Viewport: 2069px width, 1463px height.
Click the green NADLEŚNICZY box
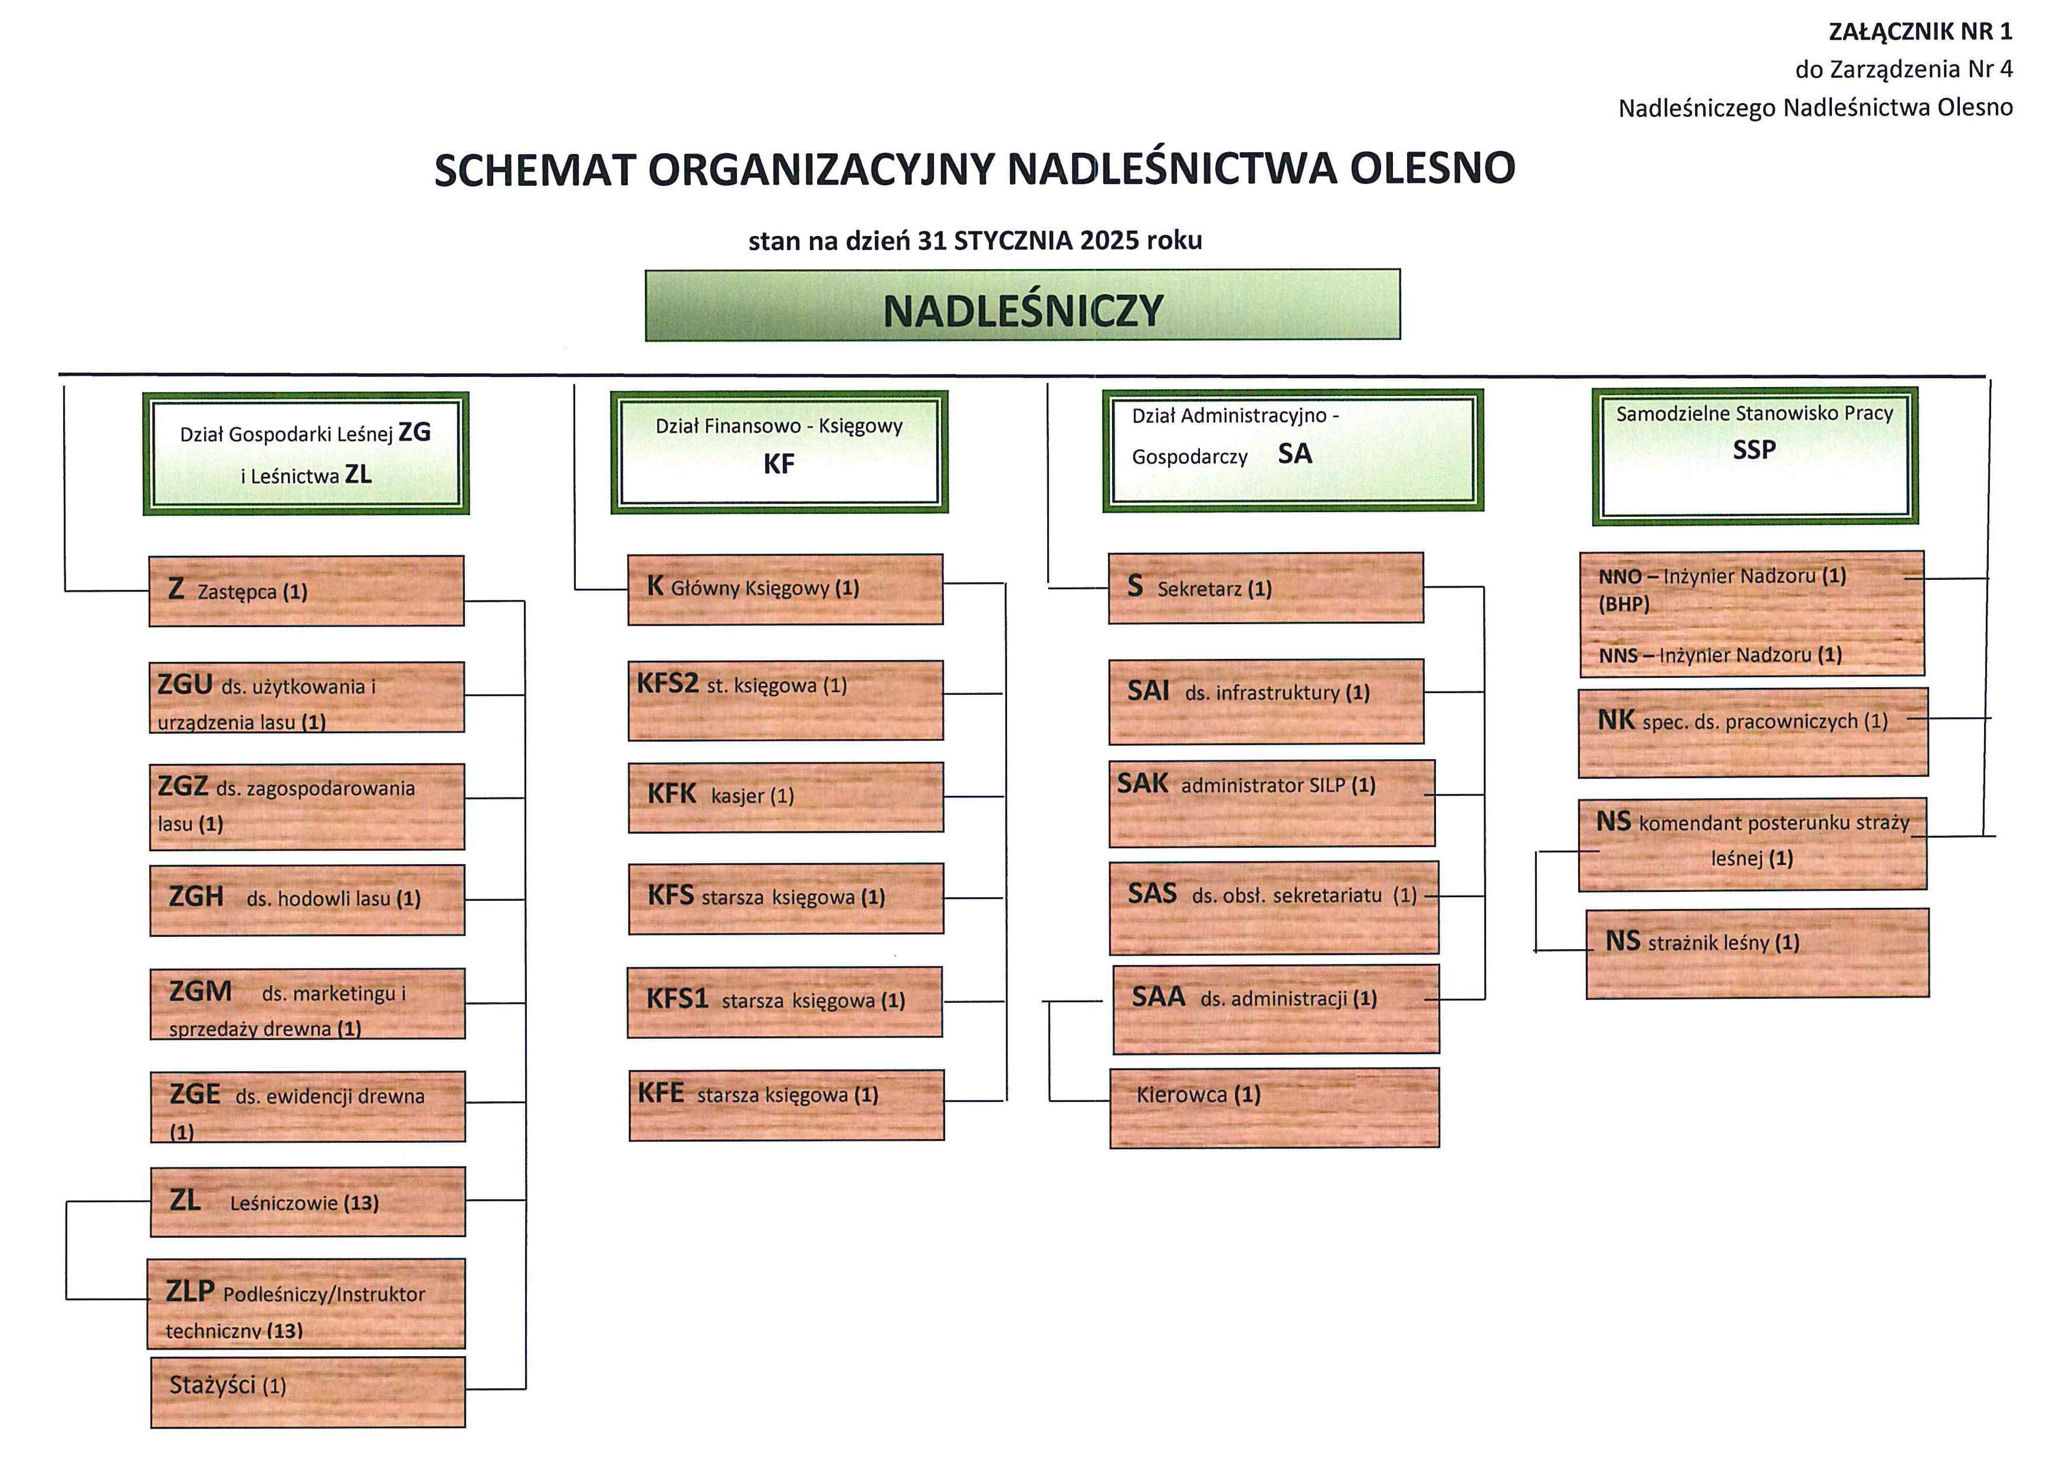1023,306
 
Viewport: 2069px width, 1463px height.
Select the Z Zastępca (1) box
306,591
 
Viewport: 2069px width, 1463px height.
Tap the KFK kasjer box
786,797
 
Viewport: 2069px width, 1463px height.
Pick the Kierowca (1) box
1274,1107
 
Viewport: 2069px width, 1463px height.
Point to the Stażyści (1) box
308,1392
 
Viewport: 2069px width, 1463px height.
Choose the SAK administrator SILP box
1271,803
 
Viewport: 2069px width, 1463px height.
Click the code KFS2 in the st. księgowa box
668,684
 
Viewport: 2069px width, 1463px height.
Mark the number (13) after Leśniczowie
360,1203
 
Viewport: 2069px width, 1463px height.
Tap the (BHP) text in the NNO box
1624,605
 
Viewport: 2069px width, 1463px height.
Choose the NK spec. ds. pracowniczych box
1753,733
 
